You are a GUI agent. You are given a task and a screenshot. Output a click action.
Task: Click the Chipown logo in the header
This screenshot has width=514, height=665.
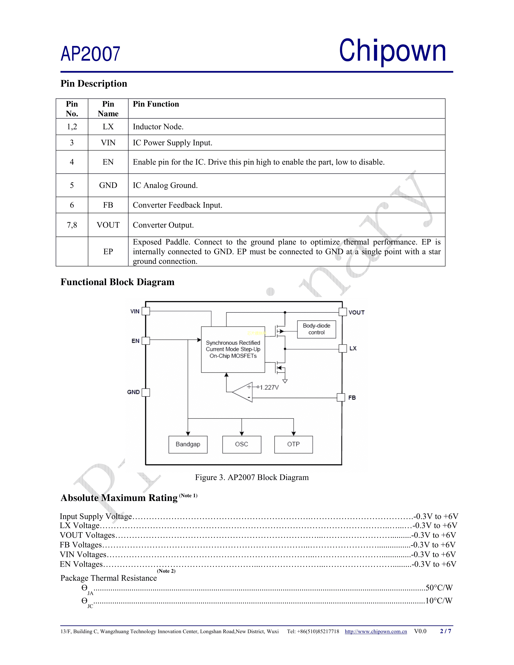392,51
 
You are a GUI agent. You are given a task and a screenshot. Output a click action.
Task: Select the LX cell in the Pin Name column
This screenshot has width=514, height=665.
108,127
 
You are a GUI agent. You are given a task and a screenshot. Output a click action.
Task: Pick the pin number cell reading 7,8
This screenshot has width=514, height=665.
72,225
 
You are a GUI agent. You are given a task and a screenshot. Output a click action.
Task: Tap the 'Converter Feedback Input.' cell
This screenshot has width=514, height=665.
178,205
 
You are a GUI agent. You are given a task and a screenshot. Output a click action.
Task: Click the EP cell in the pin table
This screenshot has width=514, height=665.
108,251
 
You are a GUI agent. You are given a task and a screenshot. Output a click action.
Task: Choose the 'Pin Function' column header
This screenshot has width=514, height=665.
156,104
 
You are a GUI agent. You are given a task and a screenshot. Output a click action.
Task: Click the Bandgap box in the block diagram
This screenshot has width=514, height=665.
188,444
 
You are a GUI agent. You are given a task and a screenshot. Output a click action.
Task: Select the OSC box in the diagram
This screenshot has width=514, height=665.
241,444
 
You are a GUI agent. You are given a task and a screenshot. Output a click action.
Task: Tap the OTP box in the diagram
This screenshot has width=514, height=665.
293,444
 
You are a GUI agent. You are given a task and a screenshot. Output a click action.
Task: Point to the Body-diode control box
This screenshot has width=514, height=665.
316,329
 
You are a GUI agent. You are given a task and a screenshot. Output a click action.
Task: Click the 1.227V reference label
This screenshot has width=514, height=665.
269,387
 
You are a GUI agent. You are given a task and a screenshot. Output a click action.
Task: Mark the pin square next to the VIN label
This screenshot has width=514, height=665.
146,311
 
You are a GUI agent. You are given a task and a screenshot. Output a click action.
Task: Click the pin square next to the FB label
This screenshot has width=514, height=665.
341,397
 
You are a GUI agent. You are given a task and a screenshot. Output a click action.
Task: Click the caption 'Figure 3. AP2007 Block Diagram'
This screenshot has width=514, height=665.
252,477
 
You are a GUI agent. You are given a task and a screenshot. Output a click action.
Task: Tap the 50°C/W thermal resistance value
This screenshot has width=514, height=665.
439,588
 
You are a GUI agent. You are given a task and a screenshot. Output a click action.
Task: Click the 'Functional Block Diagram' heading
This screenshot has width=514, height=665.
118,282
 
